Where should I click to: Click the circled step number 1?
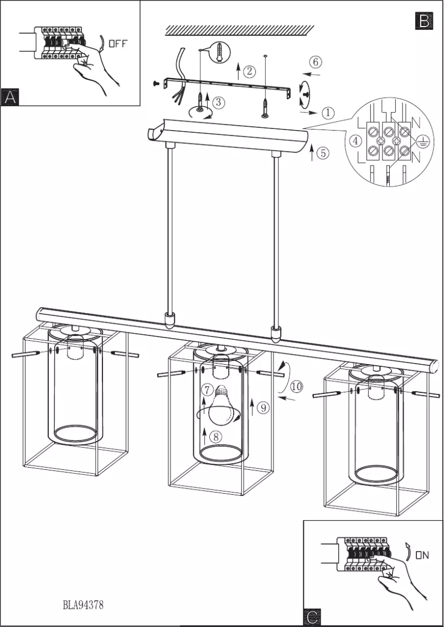click(x=328, y=113)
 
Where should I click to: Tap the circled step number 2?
click(x=250, y=71)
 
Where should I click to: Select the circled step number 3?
click(x=219, y=102)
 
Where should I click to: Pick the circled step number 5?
click(x=323, y=153)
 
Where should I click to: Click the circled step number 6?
click(x=315, y=61)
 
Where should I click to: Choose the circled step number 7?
click(x=207, y=390)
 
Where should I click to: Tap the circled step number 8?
click(x=216, y=436)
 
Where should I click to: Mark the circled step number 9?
click(x=263, y=408)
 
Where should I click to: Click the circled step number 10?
click(x=296, y=387)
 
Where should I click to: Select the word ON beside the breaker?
click(x=422, y=555)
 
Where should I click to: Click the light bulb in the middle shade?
click(x=220, y=405)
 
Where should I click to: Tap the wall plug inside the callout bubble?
click(x=220, y=51)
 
